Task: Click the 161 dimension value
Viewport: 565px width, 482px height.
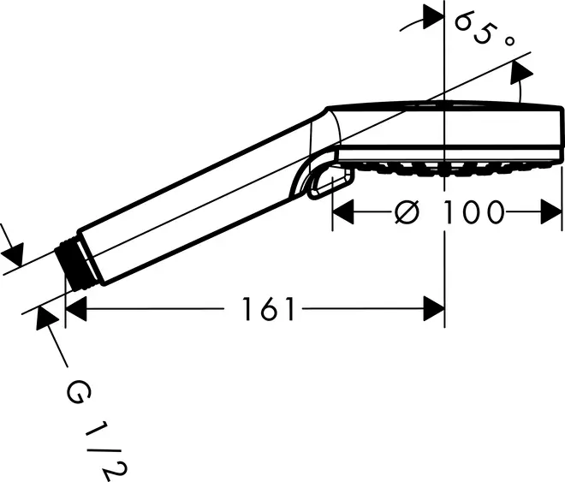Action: (x=269, y=309)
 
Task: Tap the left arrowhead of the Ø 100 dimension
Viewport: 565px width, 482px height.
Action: (x=343, y=212)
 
